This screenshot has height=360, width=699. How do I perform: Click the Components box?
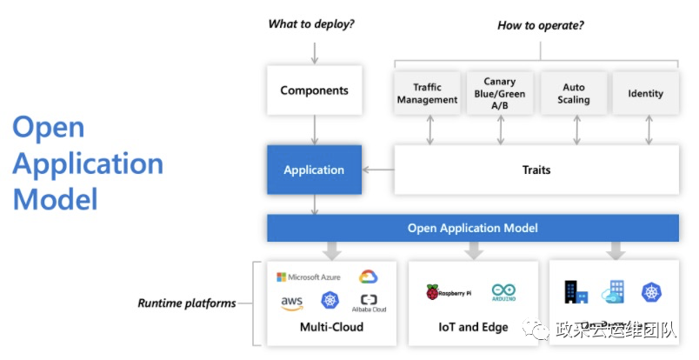[x=314, y=90]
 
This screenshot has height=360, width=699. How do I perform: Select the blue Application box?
[x=314, y=170]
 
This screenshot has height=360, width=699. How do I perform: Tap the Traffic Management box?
[x=427, y=93]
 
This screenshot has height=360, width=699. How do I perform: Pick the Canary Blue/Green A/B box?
[x=500, y=93]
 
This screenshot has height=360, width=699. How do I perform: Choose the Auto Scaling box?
[x=574, y=93]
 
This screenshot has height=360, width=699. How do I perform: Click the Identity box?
[x=645, y=93]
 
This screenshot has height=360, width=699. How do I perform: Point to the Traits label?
[x=536, y=170]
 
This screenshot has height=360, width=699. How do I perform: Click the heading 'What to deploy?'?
[x=311, y=24]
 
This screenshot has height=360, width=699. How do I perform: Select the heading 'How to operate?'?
[x=540, y=25]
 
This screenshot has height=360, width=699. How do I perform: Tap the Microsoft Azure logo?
[x=309, y=277]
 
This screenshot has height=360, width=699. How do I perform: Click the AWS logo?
[x=291, y=302]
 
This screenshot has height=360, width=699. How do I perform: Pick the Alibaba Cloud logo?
[x=369, y=303]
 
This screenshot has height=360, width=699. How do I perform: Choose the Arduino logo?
[x=503, y=292]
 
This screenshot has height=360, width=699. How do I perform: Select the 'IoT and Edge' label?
[x=473, y=328]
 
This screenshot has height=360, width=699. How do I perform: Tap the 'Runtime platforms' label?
[x=186, y=303]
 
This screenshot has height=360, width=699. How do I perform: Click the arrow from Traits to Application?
[x=378, y=170]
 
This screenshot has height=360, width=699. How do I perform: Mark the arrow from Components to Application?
[x=314, y=130]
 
